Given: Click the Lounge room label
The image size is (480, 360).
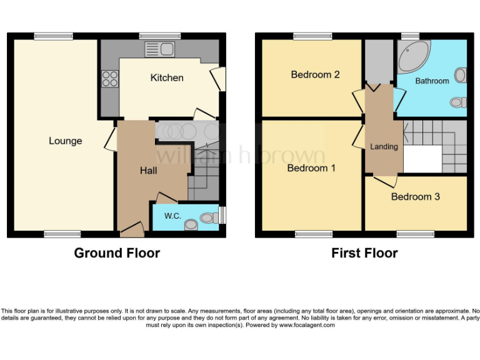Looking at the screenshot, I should point(66,141).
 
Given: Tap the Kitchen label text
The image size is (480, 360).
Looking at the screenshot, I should point(167,77).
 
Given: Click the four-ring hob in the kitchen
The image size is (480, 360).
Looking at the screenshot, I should point(110,79).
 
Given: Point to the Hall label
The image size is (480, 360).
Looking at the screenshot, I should point(148,171).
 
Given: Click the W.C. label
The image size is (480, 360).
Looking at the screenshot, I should point(172,216).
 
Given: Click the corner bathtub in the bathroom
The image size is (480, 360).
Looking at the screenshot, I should point(412,57).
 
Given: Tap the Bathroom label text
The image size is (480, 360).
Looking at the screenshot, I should point(432,81).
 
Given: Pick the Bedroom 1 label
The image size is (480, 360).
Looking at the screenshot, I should point(311,168).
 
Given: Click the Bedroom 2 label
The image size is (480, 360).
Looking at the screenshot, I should point(315,74).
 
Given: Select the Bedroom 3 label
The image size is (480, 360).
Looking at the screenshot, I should point(415,196).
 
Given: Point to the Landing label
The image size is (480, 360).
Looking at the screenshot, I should point(384,147).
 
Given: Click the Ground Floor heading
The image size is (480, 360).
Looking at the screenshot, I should point(117,253).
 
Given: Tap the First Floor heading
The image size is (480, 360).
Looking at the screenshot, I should point(364,253).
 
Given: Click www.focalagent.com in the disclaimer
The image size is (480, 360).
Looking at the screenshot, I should point(307,325).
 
